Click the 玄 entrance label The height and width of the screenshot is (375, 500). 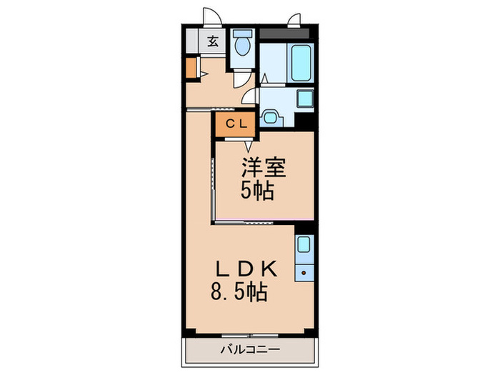point(213,41)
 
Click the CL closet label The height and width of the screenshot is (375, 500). point(236,124)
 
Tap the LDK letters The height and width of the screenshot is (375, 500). point(246,269)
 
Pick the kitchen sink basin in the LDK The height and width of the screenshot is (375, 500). point(304,245)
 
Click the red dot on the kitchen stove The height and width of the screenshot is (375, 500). point(304,272)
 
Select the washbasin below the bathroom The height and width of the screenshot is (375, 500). point(271,116)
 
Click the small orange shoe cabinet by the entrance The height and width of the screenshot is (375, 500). point(190,67)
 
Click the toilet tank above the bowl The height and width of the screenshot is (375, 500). point(243,34)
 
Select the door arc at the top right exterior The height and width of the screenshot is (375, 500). point(294,19)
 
